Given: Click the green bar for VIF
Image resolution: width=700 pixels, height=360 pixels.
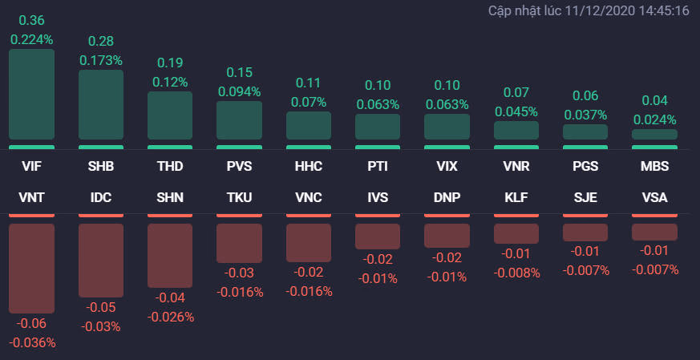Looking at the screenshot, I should pos(32,95).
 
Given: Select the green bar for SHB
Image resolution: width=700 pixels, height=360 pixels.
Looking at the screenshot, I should pos(101,105).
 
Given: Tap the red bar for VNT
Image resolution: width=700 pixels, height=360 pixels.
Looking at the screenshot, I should pos(32,269).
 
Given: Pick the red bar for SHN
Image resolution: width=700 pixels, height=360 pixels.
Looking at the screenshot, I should pos(170,256).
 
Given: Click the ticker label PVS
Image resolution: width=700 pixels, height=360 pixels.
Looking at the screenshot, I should pos(239,168).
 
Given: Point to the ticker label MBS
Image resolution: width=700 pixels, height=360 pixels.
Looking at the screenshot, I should pos(654,168).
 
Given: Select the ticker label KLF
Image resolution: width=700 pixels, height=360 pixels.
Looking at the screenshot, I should pos(516,197).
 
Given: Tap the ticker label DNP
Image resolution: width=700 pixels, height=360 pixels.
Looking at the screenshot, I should pos(447,197).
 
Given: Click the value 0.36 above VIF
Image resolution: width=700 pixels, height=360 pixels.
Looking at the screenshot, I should pos(32,20).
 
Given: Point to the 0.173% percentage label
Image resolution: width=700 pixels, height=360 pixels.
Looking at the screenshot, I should pos(101,60).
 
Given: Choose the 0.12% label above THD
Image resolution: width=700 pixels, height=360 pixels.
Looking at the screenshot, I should pos(170,82).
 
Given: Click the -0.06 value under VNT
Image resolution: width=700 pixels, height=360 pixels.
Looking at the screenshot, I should pos(32,324).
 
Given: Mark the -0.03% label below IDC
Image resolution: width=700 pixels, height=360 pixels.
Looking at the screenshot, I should pos(101,326).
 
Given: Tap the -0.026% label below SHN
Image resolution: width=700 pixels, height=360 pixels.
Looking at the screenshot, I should pos(170,317).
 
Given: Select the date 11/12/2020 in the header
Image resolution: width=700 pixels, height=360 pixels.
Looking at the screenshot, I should pos(600,11).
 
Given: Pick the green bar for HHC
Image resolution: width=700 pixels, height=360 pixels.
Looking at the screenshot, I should pos(309,126).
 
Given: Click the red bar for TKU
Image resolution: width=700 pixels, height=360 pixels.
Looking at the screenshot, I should pos(239,243).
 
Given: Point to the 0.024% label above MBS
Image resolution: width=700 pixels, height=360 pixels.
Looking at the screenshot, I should pos(654,119).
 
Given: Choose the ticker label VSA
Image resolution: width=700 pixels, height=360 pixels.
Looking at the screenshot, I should pos(654,197).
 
